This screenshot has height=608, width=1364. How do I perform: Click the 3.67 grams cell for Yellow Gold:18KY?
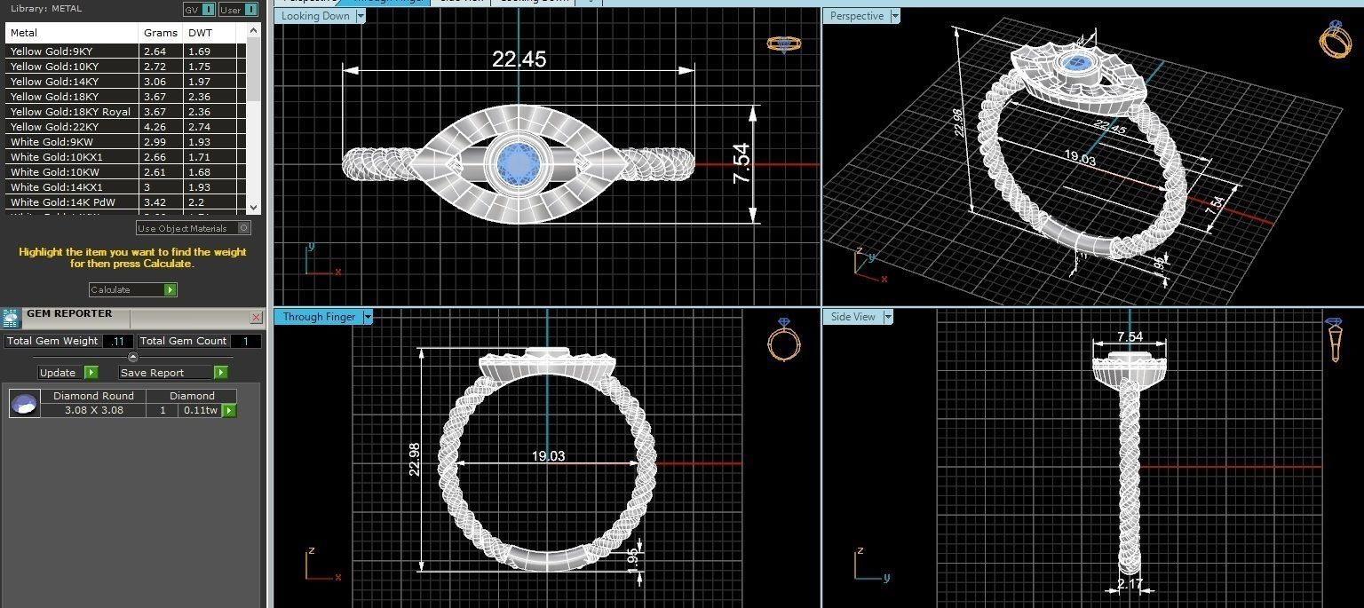point(155,97)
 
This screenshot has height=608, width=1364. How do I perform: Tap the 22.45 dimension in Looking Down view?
point(519,59)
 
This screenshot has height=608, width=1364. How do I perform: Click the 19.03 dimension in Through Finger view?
point(548,456)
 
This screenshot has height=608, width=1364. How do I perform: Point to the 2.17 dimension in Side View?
point(1130,584)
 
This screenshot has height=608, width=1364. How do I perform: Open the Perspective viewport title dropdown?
point(895,16)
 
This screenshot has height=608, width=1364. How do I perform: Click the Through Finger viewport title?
point(319,317)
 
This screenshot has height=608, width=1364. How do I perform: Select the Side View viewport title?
point(852,317)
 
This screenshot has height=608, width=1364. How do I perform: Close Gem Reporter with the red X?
point(256,317)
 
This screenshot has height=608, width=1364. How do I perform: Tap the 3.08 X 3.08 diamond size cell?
point(93,410)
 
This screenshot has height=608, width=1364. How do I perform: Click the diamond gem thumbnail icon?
point(25,404)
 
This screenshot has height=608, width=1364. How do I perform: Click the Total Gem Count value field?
point(246,341)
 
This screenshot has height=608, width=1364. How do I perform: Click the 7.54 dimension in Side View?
point(1130,337)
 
